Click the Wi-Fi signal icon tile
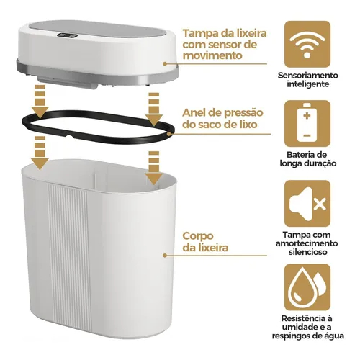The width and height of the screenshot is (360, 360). [x=307, y=44]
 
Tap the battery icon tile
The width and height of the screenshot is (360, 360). [x=307, y=124]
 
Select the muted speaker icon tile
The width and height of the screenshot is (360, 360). [x=307, y=203]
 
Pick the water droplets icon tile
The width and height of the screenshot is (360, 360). [x=307, y=287]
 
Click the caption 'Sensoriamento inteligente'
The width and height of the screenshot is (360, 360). [x=308, y=79]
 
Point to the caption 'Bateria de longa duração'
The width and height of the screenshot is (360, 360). [x=308, y=159]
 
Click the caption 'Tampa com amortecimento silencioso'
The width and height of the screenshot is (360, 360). [x=307, y=243]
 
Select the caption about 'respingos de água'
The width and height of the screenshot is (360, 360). [x=307, y=327]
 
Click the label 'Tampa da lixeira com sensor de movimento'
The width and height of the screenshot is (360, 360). [x=225, y=45]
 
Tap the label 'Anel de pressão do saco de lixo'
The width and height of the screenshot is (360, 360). [x=222, y=119]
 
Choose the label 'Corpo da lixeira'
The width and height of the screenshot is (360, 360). [x=205, y=242]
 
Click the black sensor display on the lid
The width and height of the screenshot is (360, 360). [x=68, y=36]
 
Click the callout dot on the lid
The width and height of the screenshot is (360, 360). [x=165, y=64]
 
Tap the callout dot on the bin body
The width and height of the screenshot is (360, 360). [x=165, y=256]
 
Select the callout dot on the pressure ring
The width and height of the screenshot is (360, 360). [x=170, y=134]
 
